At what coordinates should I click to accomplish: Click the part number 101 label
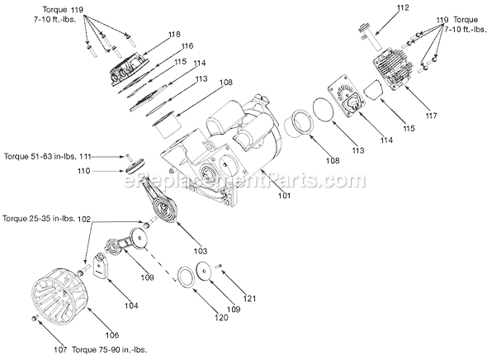(284, 196)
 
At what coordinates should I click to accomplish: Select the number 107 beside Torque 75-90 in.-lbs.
(60, 350)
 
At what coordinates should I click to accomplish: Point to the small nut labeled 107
(35, 318)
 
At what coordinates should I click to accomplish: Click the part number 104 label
(131, 306)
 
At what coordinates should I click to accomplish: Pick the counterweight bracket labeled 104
(101, 264)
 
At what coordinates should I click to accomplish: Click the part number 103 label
(200, 251)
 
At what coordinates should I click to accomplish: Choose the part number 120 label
(221, 317)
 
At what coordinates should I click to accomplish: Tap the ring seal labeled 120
(186, 275)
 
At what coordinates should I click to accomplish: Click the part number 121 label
(250, 299)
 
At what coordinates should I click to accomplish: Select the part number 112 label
(403, 7)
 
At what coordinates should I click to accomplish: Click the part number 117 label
(431, 116)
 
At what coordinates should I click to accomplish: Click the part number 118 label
(174, 34)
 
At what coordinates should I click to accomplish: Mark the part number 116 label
(187, 46)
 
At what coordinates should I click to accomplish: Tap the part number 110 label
(84, 171)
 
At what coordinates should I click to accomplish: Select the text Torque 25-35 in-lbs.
(39, 219)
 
